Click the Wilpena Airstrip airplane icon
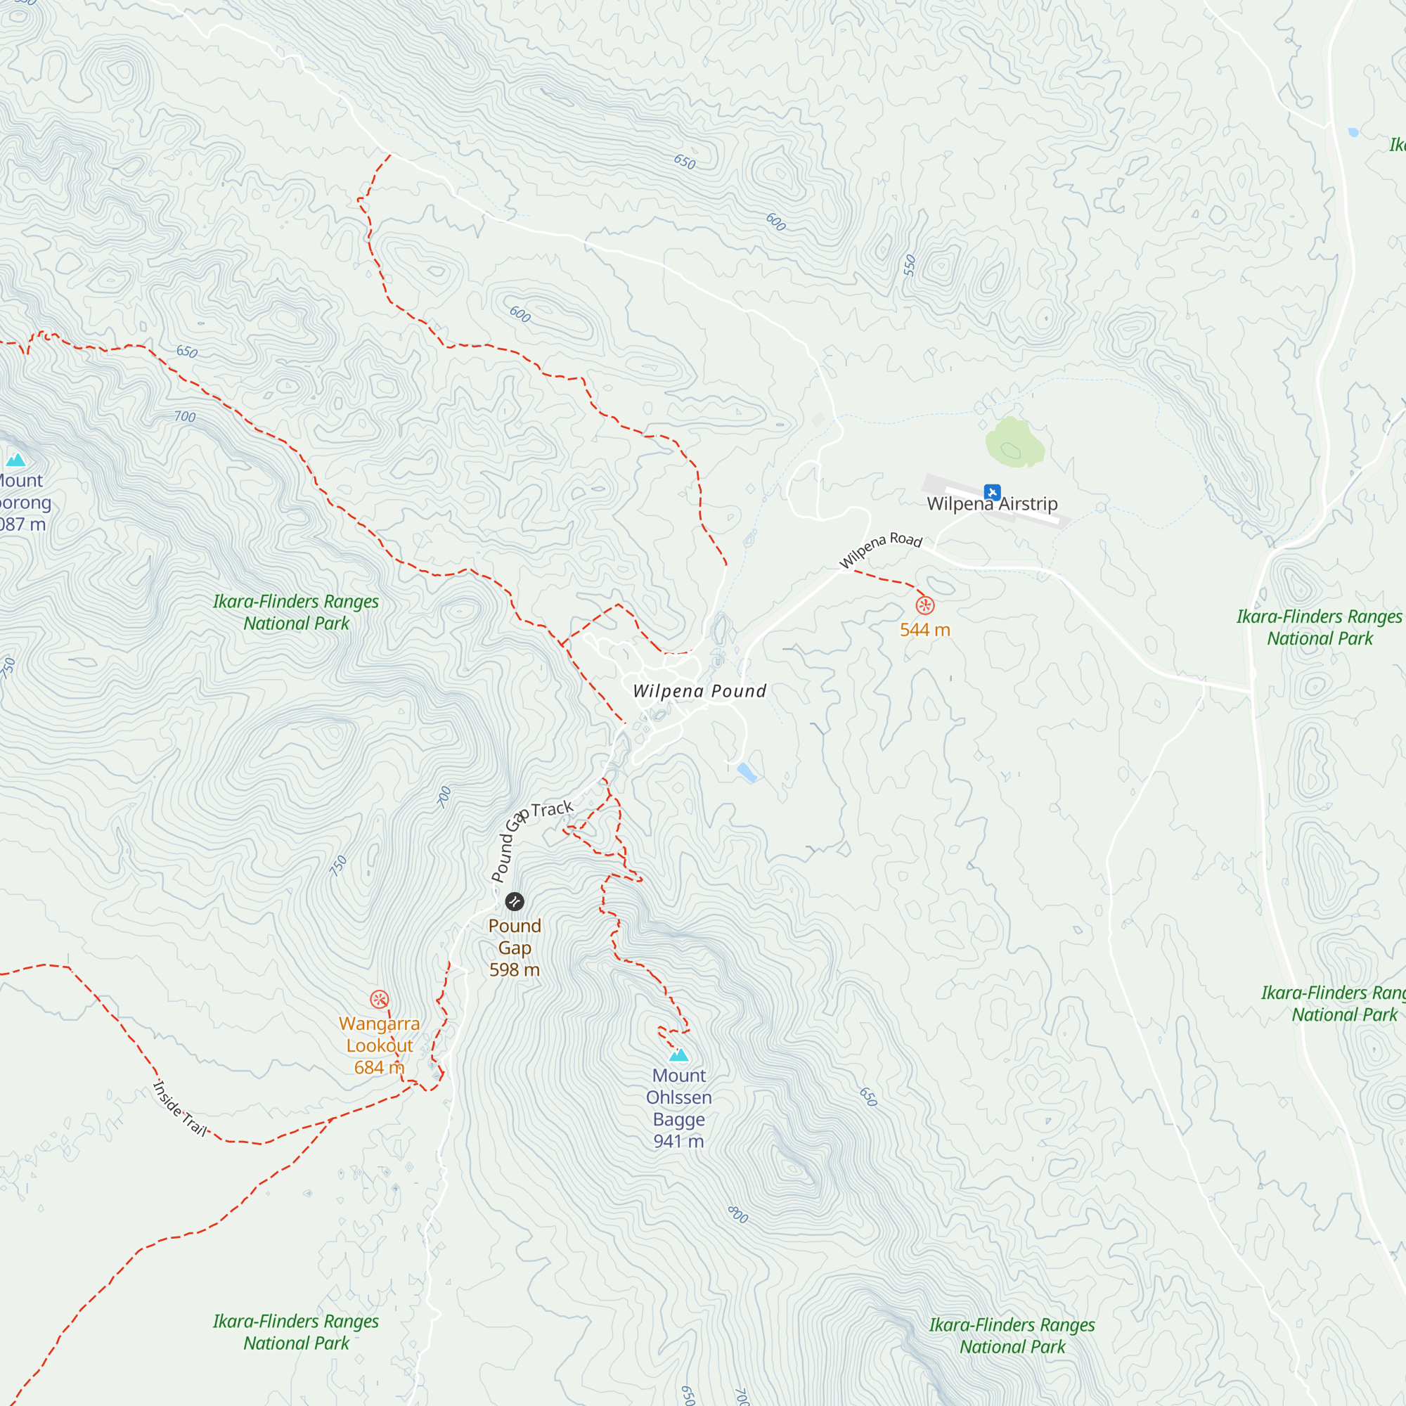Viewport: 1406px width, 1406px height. coord(992,492)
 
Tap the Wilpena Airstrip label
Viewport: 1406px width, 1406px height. coord(992,504)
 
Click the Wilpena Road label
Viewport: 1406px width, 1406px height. coord(881,550)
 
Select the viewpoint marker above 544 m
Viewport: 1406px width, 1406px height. coord(924,605)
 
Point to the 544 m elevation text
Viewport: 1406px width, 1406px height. coord(925,630)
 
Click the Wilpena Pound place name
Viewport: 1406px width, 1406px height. coord(699,691)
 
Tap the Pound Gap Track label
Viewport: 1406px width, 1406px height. coord(532,841)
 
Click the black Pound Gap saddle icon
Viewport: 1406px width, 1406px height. coord(515,902)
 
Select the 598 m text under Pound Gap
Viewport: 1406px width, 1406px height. coord(515,970)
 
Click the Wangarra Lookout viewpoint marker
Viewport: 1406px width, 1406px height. coord(379,999)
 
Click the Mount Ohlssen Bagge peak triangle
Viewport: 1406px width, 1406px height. coord(678,1054)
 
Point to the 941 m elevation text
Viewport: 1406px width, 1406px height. coord(678,1141)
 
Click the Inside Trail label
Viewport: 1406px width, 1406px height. coord(180,1109)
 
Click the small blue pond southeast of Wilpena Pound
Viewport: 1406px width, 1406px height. coord(747,772)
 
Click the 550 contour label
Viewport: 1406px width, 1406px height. coord(910,265)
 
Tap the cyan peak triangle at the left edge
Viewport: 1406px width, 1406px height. coord(16,460)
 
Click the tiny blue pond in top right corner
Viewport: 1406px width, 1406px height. coord(1353,132)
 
